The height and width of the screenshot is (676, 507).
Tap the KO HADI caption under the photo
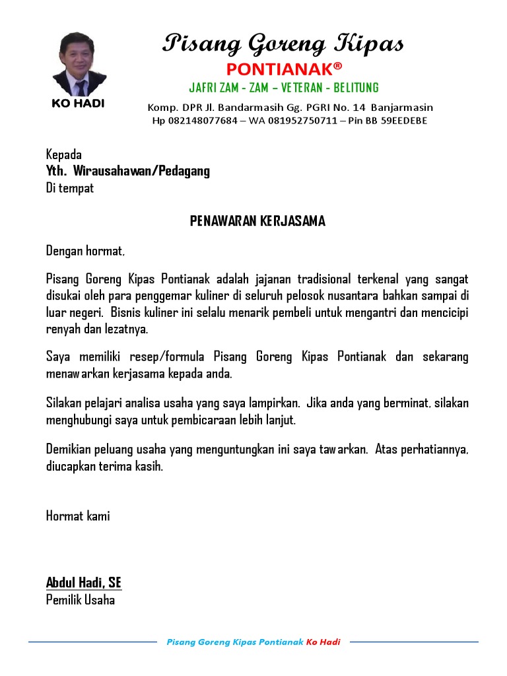pyautogui.click(x=78, y=104)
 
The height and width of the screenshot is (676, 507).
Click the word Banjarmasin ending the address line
pyautogui.click(x=401, y=107)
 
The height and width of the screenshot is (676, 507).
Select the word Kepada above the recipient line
pyautogui.click(x=64, y=154)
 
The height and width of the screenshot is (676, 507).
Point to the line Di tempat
pyautogui.click(x=70, y=188)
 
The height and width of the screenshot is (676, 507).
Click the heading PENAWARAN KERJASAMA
pyautogui.click(x=257, y=221)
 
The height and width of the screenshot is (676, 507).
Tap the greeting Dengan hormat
pyautogui.click(x=85, y=251)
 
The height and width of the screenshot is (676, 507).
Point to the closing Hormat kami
pyautogui.click(x=78, y=516)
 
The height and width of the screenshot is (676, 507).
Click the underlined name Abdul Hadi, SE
pyautogui.click(x=84, y=582)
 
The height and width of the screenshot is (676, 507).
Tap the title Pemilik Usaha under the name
pyautogui.click(x=81, y=599)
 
